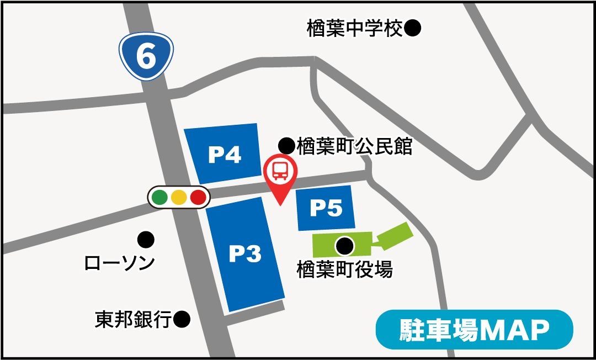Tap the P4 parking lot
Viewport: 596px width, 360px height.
pyautogui.click(x=224, y=154)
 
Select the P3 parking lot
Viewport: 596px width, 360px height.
pyautogui.click(x=244, y=255)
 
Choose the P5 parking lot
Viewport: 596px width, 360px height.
pyautogui.click(x=326, y=209)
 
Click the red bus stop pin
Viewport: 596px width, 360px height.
pyautogui.click(x=280, y=174)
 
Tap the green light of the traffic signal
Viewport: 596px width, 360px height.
pyautogui.click(x=160, y=197)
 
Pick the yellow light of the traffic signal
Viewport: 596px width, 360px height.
pyautogui.click(x=179, y=197)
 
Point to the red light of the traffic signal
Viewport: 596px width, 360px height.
pyautogui.click(x=198, y=197)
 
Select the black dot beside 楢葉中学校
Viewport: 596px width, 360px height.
pyautogui.click(x=413, y=28)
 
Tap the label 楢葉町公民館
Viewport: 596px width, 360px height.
pyautogui.click(x=354, y=146)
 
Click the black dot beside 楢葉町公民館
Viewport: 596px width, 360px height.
pyautogui.click(x=286, y=146)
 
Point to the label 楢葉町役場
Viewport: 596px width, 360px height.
pyautogui.click(x=344, y=270)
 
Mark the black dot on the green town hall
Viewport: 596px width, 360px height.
pyautogui.click(x=345, y=245)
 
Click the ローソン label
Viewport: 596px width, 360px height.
pyautogui.click(x=119, y=263)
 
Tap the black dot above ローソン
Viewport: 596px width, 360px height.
pyautogui.click(x=146, y=239)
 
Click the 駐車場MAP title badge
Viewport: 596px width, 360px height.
pyautogui.click(x=474, y=330)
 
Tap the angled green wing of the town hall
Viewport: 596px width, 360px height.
pyautogui.click(x=394, y=235)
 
